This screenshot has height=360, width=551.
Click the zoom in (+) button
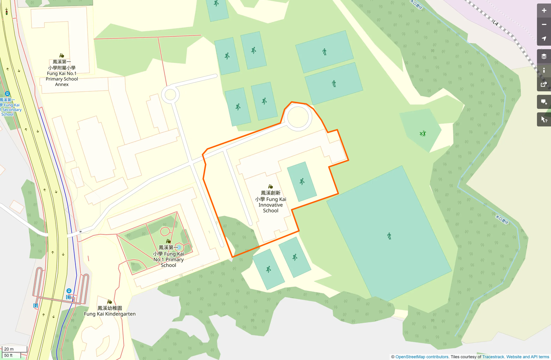coord(544,11)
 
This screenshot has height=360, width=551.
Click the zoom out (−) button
coord(544,25)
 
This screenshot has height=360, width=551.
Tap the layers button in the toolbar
coord(544,56)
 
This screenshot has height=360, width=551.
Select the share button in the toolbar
coord(544,85)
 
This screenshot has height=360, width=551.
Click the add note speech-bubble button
coord(544,102)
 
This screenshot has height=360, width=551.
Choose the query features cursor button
coord(544,119)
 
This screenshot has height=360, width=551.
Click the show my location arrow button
coord(544,39)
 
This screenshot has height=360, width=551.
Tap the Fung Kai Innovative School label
coord(271,202)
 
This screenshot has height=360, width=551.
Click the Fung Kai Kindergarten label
coord(110,311)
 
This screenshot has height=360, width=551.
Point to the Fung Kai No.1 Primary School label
coord(168,256)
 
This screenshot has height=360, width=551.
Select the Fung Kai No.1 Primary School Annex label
coord(62,73)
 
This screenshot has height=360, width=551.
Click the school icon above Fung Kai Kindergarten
coord(109,302)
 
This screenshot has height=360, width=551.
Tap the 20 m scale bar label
coord(9,349)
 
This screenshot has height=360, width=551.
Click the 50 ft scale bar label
coord(8,355)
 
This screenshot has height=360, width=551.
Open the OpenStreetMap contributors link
coord(422,357)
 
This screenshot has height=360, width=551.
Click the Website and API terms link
coord(528,357)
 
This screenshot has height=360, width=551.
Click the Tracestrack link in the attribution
coord(493,357)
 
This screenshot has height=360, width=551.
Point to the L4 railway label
coord(495,23)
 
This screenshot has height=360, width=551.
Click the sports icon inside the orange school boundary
coord(302,181)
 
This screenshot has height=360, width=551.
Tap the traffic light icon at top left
coord(6,12)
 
